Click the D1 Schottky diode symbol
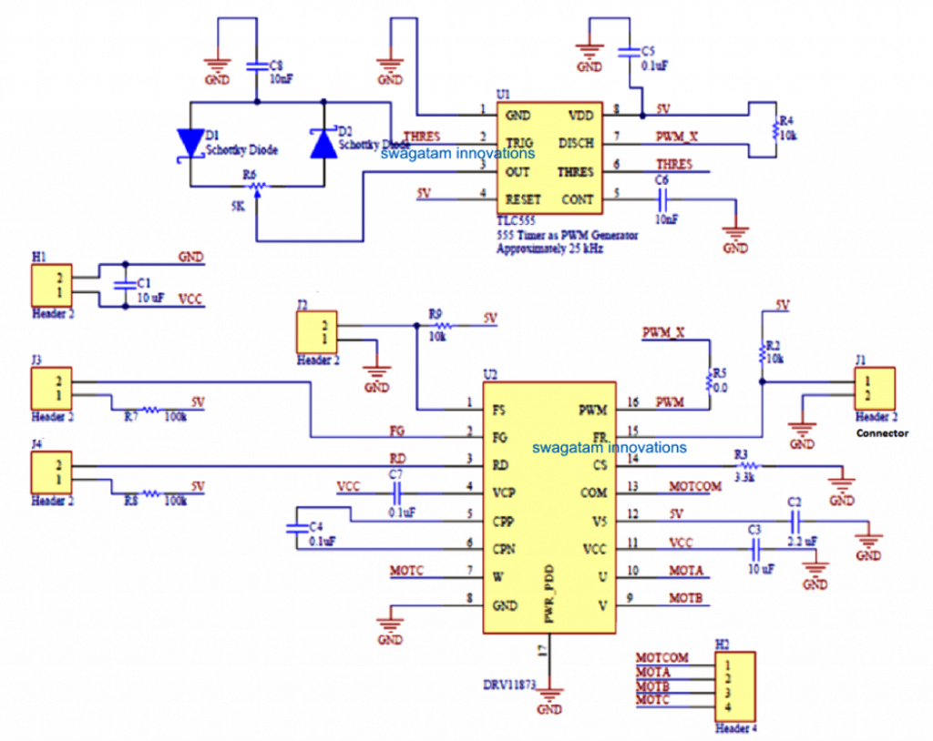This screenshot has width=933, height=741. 191,145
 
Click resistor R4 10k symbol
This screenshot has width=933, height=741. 775,128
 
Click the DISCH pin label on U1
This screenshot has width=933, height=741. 574,144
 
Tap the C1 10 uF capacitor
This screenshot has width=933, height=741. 124,285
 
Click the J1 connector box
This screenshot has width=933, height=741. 874,388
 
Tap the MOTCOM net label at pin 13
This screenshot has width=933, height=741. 695,488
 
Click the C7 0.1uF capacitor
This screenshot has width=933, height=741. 396,492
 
